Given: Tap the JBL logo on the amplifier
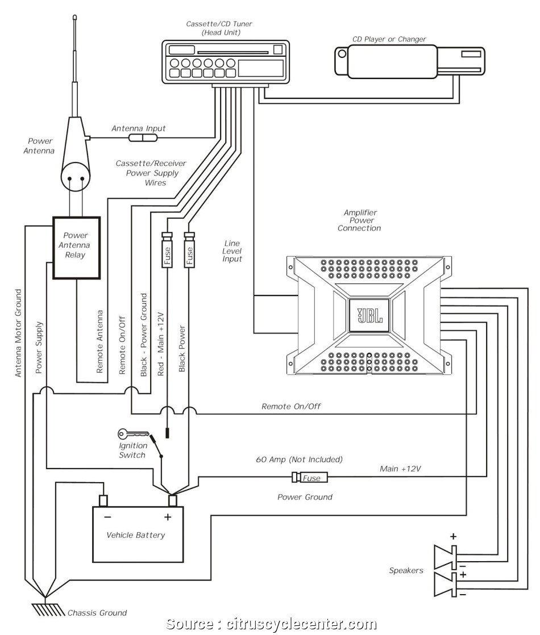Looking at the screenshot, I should [x=369, y=315].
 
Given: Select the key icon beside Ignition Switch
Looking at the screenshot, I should [x=129, y=435].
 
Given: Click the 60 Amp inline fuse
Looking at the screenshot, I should [x=310, y=478].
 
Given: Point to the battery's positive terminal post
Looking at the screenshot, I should [x=172, y=500].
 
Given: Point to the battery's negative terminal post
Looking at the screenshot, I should [x=103, y=500].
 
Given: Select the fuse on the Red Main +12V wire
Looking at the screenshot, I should [x=168, y=250].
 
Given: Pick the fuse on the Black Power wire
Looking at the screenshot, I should [x=189, y=250].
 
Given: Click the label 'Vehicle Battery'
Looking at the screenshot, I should [x=136, y=535].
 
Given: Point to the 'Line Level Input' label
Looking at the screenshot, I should [x=233, y=250].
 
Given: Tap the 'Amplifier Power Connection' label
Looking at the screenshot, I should [x=359, y=220].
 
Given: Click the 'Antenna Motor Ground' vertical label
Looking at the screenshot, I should [x=18, y=333].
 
